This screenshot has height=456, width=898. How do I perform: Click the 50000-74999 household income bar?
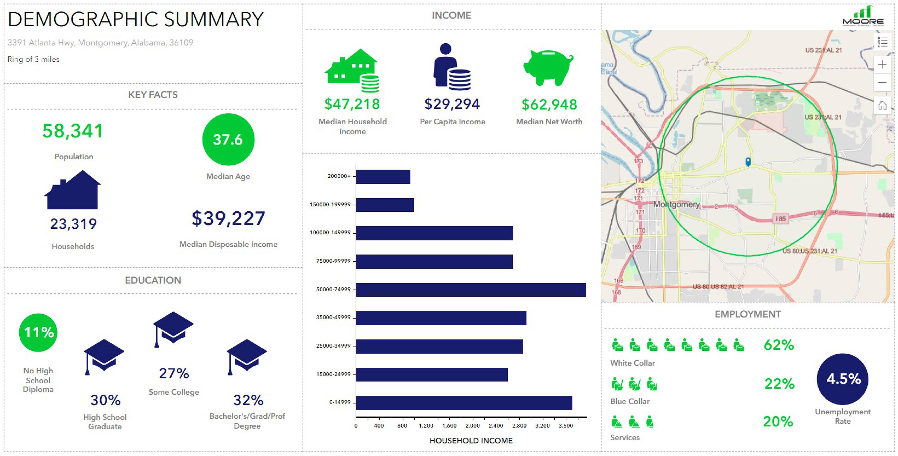coord(471,290)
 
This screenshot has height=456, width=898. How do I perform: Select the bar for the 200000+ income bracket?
coord(383,177)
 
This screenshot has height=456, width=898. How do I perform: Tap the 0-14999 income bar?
coord(464,403)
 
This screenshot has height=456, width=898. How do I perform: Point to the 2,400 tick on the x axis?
coord(496,425)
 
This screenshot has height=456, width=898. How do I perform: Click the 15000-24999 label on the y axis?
coord(333,374)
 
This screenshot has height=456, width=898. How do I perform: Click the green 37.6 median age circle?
coord(228,140)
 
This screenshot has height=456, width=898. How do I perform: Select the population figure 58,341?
coord(72,131)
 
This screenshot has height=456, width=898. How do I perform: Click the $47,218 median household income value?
coord(352,104)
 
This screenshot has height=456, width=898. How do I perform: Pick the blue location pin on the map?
coord(748,161)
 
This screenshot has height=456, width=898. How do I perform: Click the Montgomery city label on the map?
coord(676,204)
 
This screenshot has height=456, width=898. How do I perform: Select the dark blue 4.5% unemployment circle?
coord(843,379)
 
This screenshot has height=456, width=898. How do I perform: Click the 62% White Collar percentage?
coord(779,345)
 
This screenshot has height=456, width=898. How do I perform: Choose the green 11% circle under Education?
coord(38,332)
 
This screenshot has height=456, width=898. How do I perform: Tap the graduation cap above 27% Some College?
coord(173,328)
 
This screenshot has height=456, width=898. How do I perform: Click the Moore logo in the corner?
coord(863,17)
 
